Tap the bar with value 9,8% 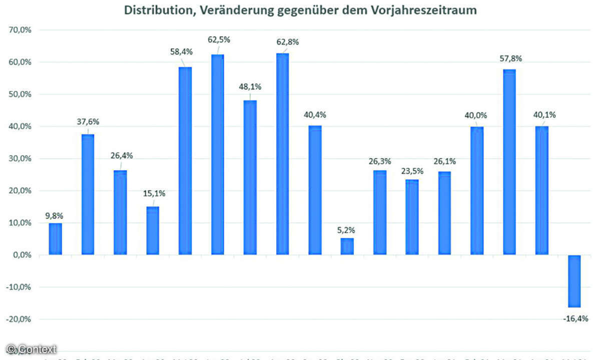click(56, 239)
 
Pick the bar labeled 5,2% click(347, 246)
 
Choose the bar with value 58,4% click(185, 161)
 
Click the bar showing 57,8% click(509, 162)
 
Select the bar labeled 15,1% click(153, 230)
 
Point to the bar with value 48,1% click(250, 177)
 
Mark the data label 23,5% click(412, 171)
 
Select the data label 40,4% click(315, 114)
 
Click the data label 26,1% click(444, 161)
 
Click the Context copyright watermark click(31, 349)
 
